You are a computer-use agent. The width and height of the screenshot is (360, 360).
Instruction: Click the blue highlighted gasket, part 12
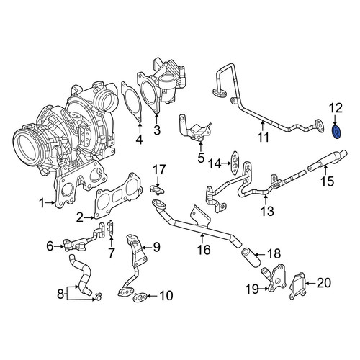click(x=337, y=132)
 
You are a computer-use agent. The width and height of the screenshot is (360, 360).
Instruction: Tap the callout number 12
click(x=336, y=109)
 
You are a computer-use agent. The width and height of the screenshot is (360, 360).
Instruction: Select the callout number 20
click(x=323, y=283)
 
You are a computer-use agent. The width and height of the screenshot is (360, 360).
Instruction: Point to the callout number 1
click(x=42, y=203)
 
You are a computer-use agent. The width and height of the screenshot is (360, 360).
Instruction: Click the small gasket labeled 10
click(x=139, y=297)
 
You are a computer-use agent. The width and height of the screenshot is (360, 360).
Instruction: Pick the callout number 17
click(x=159, y=170)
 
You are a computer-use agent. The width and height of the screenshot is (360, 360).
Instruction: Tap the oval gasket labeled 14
click(x=234, y=162)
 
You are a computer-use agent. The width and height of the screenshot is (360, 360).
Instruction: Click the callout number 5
click(x=201, y=158)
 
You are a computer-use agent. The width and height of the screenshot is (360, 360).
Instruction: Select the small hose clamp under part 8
click(x=98, y=297)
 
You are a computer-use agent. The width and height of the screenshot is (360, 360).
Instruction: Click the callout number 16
click(x=204, y=249)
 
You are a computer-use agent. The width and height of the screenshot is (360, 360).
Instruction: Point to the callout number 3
click(x=157, y=130)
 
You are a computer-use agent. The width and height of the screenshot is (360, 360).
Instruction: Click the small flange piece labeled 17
click(x=157, y=189)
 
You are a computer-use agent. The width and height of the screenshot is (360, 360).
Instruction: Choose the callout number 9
click(x=157, y=247)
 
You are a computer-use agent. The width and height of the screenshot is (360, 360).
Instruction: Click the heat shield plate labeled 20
click(x=298, y=286)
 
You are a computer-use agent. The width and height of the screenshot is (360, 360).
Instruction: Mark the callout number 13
click(x=267, y=211)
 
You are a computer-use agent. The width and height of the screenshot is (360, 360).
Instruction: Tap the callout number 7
click(x=111, y=253)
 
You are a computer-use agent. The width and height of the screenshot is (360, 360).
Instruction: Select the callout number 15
click(x=327, y=181)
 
